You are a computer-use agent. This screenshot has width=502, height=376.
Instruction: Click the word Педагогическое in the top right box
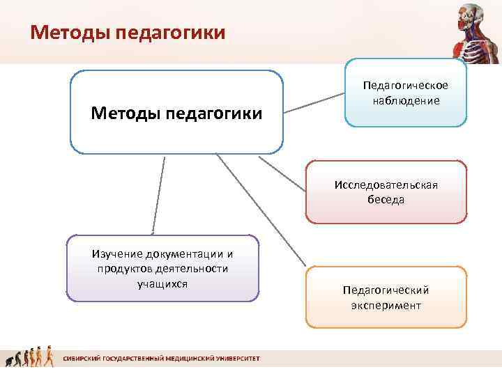tap(405, 86)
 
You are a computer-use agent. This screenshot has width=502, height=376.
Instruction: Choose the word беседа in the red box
tap(386, 199)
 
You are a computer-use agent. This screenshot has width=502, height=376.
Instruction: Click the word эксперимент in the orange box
tap(386, 305)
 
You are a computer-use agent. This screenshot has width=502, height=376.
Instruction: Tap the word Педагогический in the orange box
tap(386, 290)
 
